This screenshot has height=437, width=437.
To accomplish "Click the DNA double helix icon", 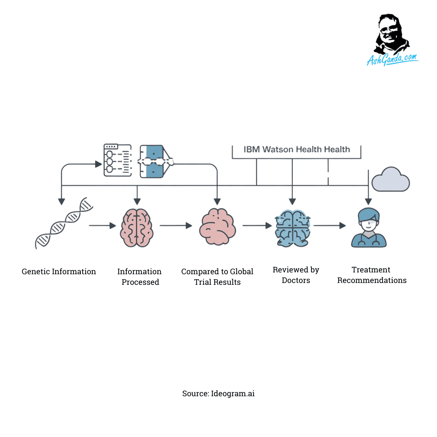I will pyautogui.click(x=64, y=223).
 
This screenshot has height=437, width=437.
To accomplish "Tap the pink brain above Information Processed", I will pyautogui.click(x=137, y=228).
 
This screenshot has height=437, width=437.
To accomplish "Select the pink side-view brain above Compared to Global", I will pyautogui.click(x=217, y=227).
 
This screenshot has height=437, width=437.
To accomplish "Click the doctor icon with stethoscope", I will pyautogui.click(x=369, y=228).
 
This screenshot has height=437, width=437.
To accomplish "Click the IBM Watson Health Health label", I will pyautogui.click(x=296, y=149).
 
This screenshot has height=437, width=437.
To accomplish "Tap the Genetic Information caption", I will pyautogui.click(x=59, y=272).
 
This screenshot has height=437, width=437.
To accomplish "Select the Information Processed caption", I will pyautogui.click(x=140, y=277).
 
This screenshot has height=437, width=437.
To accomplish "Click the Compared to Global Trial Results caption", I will pyautogui.click(x=217, y=277).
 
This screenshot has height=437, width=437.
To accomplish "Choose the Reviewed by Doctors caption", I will pyautogui.click(x=296, y=275).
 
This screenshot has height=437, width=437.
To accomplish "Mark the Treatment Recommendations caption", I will pyautogui.click(x=372, y=275).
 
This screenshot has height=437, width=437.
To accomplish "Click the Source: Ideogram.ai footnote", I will pyautogui.click(x=219, y=394).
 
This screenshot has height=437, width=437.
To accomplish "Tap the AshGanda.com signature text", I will pyautogui.click(x=392, y=59).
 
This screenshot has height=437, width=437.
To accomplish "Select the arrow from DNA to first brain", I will pyautogui.click(x=102, y=226).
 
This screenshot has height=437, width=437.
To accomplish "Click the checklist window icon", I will pyautogui.click(x=118, y=160).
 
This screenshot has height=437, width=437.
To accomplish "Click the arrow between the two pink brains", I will pyautogui.click(x=176, y=226).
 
